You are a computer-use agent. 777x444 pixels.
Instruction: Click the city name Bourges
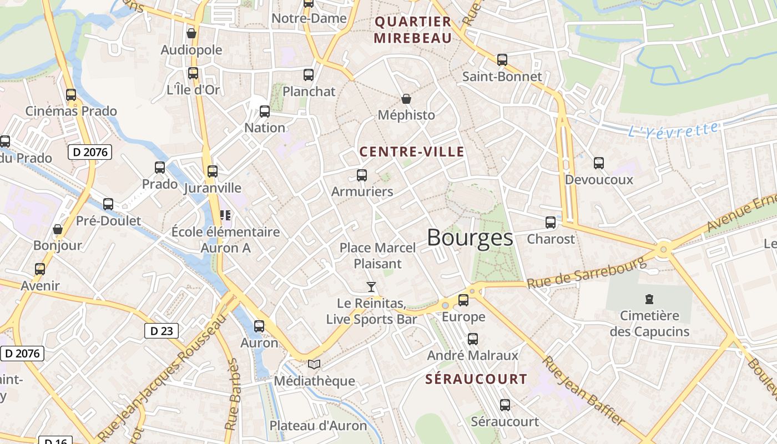(470, 238)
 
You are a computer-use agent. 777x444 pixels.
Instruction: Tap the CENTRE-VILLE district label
(411, 152)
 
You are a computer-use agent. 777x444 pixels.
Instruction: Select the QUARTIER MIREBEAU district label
(413, 30)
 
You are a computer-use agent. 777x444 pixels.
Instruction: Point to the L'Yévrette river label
(673, 130)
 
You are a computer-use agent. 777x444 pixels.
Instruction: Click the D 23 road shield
(162, 331)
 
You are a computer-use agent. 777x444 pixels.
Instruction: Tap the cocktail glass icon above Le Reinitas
(371, 287)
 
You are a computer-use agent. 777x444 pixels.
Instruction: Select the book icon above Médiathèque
(314, 365)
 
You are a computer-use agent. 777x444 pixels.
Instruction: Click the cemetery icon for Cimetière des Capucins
(649, 300)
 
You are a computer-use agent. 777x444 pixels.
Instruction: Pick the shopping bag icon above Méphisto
(406, 99)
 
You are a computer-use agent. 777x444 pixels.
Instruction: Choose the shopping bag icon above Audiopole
(191, 33)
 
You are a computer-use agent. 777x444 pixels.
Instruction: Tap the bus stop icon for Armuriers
(362, 175)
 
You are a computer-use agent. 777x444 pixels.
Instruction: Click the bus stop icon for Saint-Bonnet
(502, 60)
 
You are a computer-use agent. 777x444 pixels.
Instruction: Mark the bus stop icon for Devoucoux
(598, 163)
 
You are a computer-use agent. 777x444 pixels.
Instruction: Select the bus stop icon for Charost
(551, 223)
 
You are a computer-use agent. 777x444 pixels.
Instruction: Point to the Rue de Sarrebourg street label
(587, 273)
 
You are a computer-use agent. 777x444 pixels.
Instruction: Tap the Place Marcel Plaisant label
(377, 255)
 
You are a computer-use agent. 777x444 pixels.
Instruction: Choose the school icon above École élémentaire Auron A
(225, 215)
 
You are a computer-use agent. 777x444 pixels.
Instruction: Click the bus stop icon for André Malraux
(472, 339)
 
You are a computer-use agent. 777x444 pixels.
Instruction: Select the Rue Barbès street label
(233, 394)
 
